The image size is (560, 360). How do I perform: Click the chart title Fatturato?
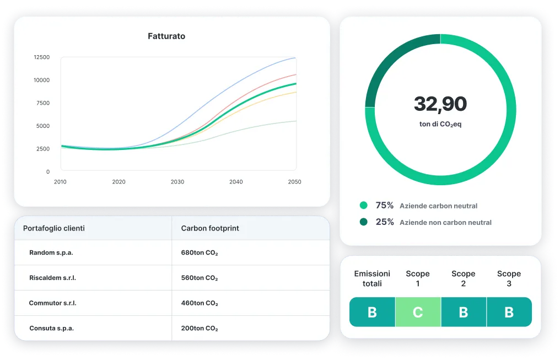tap(166, 36)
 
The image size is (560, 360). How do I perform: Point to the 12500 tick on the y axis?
tap(41, 57)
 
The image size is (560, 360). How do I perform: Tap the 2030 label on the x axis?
tap(177, 182)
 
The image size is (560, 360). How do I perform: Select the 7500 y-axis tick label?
tap(41, 103)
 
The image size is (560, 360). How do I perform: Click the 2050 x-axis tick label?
tap(295, 182)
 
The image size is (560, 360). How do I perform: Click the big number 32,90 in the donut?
tap(440, 104)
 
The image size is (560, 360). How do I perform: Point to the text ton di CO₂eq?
tap(440, 125)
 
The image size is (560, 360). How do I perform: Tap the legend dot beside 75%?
tap(363, 206)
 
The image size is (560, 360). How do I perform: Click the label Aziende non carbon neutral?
tap(445, 223)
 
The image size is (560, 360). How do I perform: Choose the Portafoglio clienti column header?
tap(54, 228)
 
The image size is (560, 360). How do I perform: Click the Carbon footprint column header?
tap(210, 228)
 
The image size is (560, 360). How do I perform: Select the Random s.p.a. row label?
tap(51, 253)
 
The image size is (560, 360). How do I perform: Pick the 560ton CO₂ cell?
tap(200, 278)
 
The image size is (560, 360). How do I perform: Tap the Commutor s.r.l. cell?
tap(53, 303)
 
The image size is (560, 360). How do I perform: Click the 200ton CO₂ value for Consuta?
tap(200, 329)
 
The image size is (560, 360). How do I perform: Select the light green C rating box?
tap(418, 313)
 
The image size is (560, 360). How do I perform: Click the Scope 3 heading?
tap(509, 278)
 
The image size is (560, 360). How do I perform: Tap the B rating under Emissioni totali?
tap(372, 313)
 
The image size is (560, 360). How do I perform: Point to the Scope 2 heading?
tap(463, 278)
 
